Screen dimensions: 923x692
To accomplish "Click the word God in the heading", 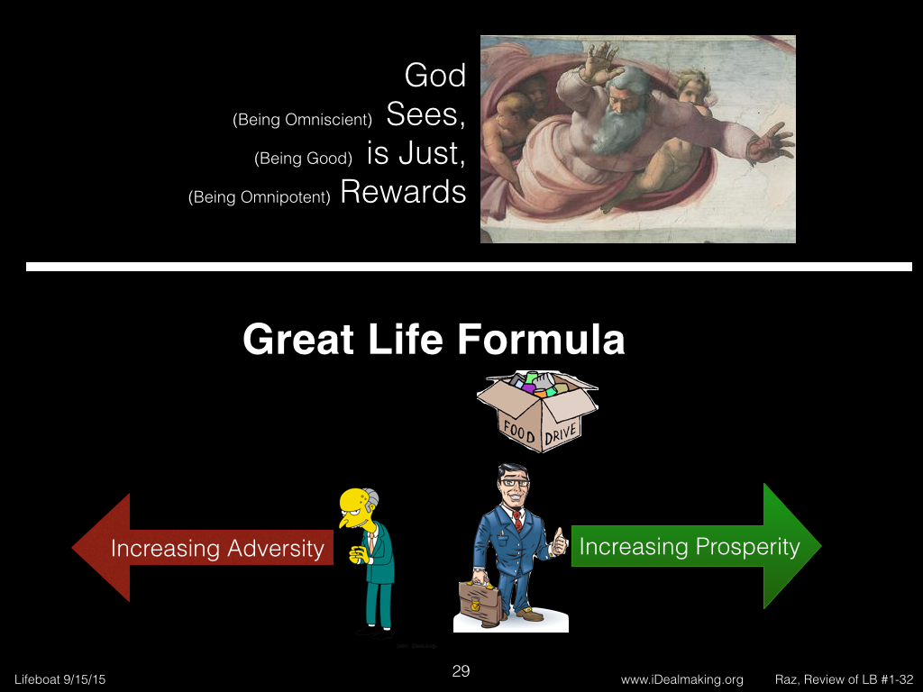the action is (x=435, y=76).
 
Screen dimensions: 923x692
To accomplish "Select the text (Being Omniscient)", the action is (x=303, y=120).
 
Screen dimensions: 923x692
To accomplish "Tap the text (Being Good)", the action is (x=303, y=159).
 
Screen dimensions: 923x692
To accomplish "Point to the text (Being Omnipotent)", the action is (x=259, y=196).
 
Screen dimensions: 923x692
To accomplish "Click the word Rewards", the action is (x=403, y=192).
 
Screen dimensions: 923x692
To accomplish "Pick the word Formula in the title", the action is (x=541, y=340).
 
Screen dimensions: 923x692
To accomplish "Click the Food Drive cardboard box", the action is (x=537, y=411).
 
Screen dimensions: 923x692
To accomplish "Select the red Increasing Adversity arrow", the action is (x=203, y=547).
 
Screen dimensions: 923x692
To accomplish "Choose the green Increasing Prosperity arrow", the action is (x=697, y=546).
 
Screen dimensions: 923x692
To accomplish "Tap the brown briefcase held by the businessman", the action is (x=480, y=601).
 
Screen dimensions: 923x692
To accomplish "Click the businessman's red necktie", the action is (x=517, y=520).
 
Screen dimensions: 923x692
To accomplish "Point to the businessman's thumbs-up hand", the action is (x=558, y=542).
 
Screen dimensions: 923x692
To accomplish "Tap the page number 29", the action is (x=461, y=671).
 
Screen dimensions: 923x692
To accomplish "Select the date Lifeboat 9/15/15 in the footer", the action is (x=60, y=679).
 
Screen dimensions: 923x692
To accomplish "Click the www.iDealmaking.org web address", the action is (x=681, y=679).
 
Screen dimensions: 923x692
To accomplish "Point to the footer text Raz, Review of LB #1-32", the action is (x=844, y=679).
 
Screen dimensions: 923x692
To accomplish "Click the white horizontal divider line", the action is (x=469, y=267).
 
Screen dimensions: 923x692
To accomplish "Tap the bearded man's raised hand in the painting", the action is (x=599, y=63).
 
